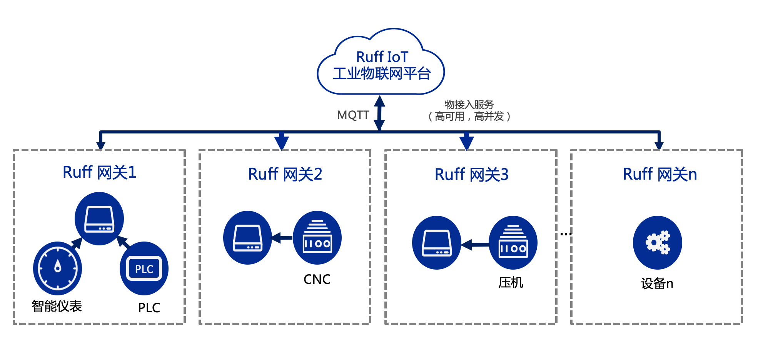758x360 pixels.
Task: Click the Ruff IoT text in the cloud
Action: (x=382, y=57)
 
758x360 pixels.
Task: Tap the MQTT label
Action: (x=353, y=115)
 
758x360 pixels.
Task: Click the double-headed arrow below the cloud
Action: (x=379, y=113)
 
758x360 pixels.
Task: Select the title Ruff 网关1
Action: (x=99, y=172)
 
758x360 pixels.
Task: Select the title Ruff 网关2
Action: (x=285, y=174)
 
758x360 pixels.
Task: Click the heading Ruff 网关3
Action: (x=471, y=175)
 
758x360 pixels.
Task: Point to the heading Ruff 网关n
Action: (x=659, y=174)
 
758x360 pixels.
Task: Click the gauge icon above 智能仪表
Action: (x=57, y=268)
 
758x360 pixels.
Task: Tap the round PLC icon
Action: (x=144, y=268)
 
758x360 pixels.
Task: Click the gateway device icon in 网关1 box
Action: (x=99, y=219)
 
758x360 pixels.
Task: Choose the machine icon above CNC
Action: (x=317, y=238)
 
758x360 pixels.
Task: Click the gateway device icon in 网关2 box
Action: (x=247, y=238)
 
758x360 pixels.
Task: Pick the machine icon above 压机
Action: (x=513, y=243)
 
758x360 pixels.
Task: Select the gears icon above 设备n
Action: (x=657, y=243)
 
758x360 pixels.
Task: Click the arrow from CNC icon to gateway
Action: (x=282, y=238)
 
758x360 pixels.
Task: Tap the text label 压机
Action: (x=511, y=283)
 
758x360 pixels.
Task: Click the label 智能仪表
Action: (x=57, y=306)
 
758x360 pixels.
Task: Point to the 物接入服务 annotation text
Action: (x=469, y=105)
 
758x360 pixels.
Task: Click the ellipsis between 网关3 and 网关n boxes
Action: (x=566, y=234)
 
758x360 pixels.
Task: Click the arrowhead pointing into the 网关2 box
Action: (x=282, y=143)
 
